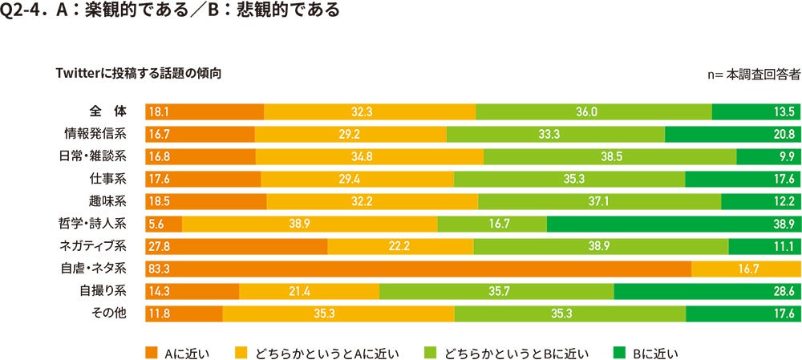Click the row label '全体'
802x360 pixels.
[x=103, y=111]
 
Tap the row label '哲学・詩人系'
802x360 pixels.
[x=97, y=223]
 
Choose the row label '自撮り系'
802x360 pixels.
[x=102, y=290]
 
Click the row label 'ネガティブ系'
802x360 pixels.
[x=97, y=245]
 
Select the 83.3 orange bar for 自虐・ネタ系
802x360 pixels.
[x=418, y=269]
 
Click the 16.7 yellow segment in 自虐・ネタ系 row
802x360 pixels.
[x=745, y=269]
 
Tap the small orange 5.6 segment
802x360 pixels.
[x=164, y=224]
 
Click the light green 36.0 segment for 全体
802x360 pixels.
[x=593, y=111]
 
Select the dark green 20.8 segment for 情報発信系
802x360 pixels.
[x=731, y=134]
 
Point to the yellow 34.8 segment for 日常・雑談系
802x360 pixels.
[x=369, y=156]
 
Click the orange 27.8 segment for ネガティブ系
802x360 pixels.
[x=236, y=246]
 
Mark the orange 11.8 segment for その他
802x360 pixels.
[x=184, y=313]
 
